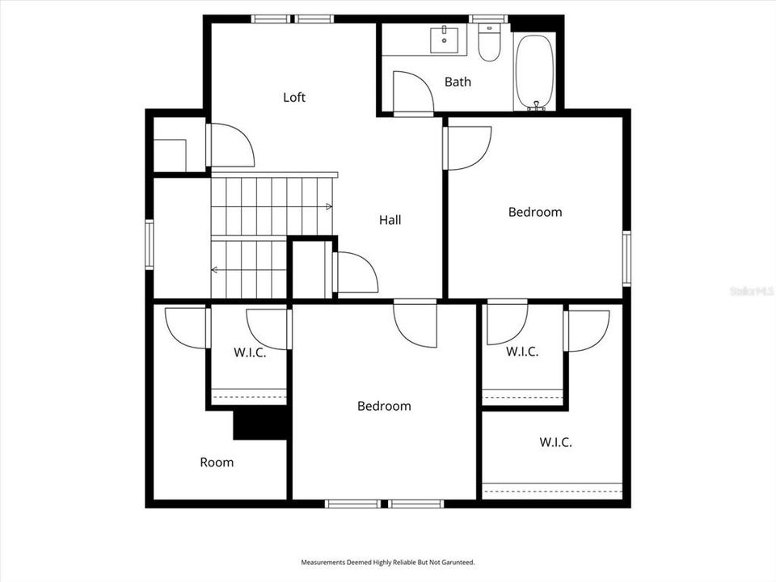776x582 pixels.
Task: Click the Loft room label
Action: [294, 97]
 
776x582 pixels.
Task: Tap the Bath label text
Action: [458, 82]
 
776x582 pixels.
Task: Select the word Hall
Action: [390, 219]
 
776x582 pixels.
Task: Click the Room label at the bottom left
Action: [217, 462]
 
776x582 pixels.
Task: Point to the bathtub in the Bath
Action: [534, 70]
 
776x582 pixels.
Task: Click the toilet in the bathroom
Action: [489, 45]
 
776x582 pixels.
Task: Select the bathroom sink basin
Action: [444, 38]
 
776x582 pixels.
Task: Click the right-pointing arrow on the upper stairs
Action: [327, 207]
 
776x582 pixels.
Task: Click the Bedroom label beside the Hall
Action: [534, 212]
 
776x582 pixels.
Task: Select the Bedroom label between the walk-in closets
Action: [384, 406]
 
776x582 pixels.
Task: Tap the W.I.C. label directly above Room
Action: [250, 352]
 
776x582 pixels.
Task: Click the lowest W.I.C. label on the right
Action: [555, 442]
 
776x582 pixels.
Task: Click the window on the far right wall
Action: [626, 259]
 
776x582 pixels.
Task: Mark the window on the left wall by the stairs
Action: [150, 244]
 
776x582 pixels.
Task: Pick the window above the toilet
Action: [488, 19]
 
